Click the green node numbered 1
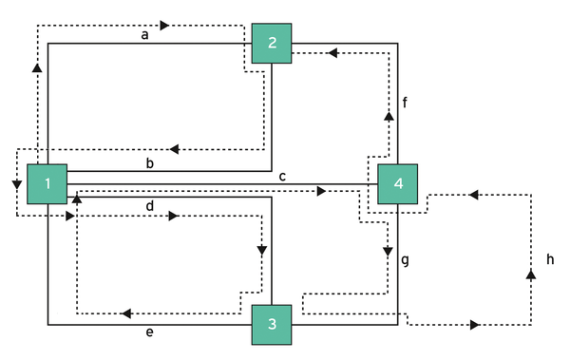47,184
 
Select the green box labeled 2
272,43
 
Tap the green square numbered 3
272,326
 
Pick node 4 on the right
397,184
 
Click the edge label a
144,35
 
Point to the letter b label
149,163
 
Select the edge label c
282,176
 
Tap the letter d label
149,205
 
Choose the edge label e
149,333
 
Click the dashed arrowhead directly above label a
165,25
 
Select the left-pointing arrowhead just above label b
174,149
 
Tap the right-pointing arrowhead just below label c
321,192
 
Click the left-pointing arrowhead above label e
124,313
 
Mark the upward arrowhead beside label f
388,115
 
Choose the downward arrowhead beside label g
388,253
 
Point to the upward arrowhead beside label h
530,274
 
